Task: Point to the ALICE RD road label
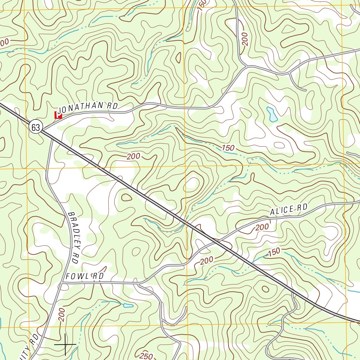(289, 210)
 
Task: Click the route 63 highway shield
(36, 127)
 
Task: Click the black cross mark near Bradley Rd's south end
(65, 344)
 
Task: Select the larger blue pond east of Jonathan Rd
(272, 114)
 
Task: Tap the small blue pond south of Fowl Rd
(128, 305)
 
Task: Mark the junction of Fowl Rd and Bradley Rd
(62, 282)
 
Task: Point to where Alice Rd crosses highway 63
(217, 242)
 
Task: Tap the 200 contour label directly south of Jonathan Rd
(133, 156)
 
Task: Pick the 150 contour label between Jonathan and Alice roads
(228, 148)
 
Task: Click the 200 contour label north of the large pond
(245, 39)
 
